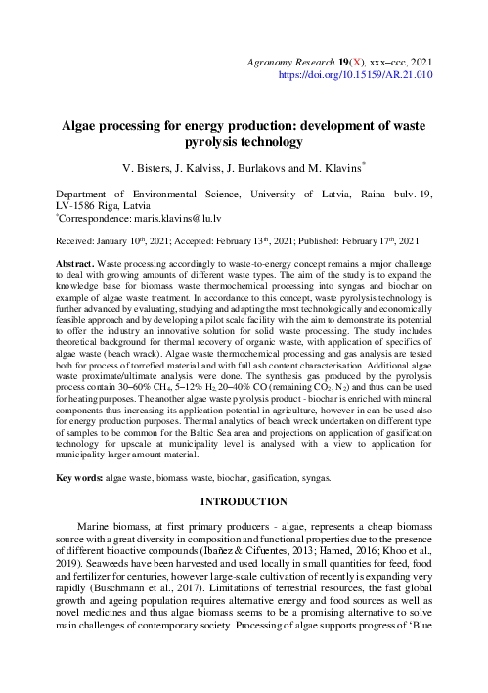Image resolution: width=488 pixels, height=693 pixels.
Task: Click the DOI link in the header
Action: [356, 73]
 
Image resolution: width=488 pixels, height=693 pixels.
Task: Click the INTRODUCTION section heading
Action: [244, 502]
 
